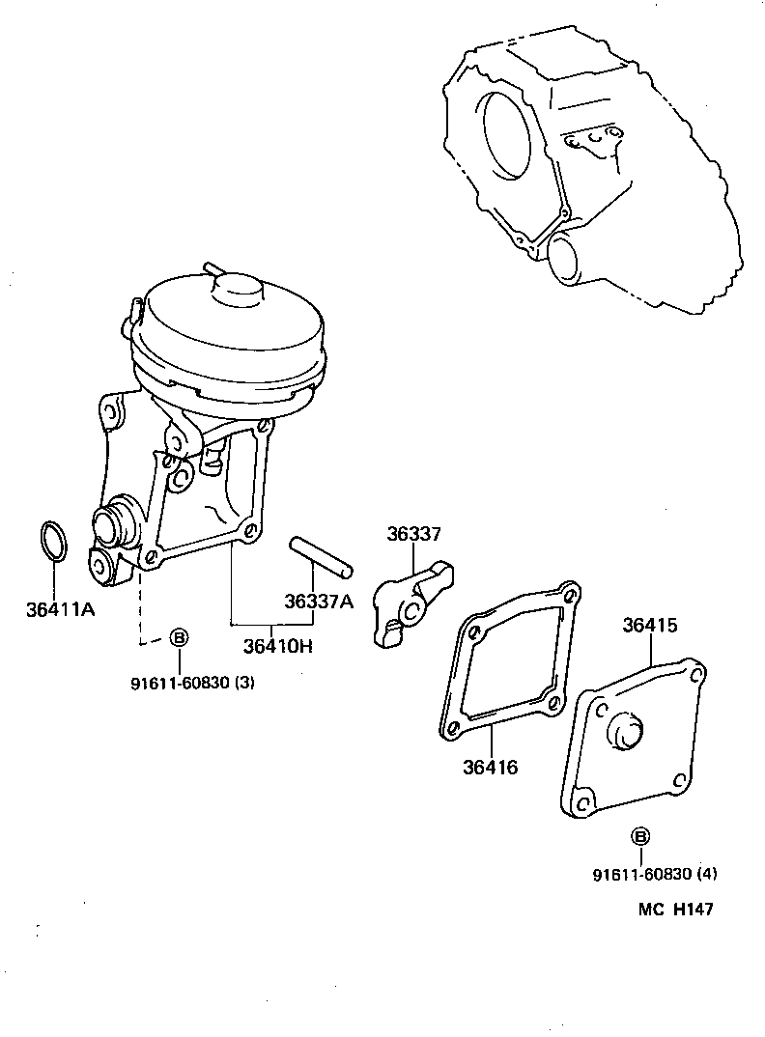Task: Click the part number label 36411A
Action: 60,609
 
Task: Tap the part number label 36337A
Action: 319,602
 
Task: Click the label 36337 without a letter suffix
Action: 414,534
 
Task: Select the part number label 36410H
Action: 277,646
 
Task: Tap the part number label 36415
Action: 650,625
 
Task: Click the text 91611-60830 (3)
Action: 192,684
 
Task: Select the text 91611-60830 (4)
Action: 655,875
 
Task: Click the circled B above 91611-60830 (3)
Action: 179,637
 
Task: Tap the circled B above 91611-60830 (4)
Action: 640,836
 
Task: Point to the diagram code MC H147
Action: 675,910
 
